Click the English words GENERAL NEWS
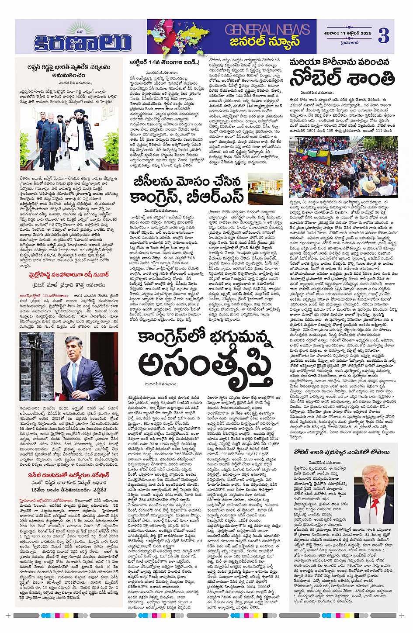[x=267, y=30]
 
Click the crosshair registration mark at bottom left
[x=7, y=616]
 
